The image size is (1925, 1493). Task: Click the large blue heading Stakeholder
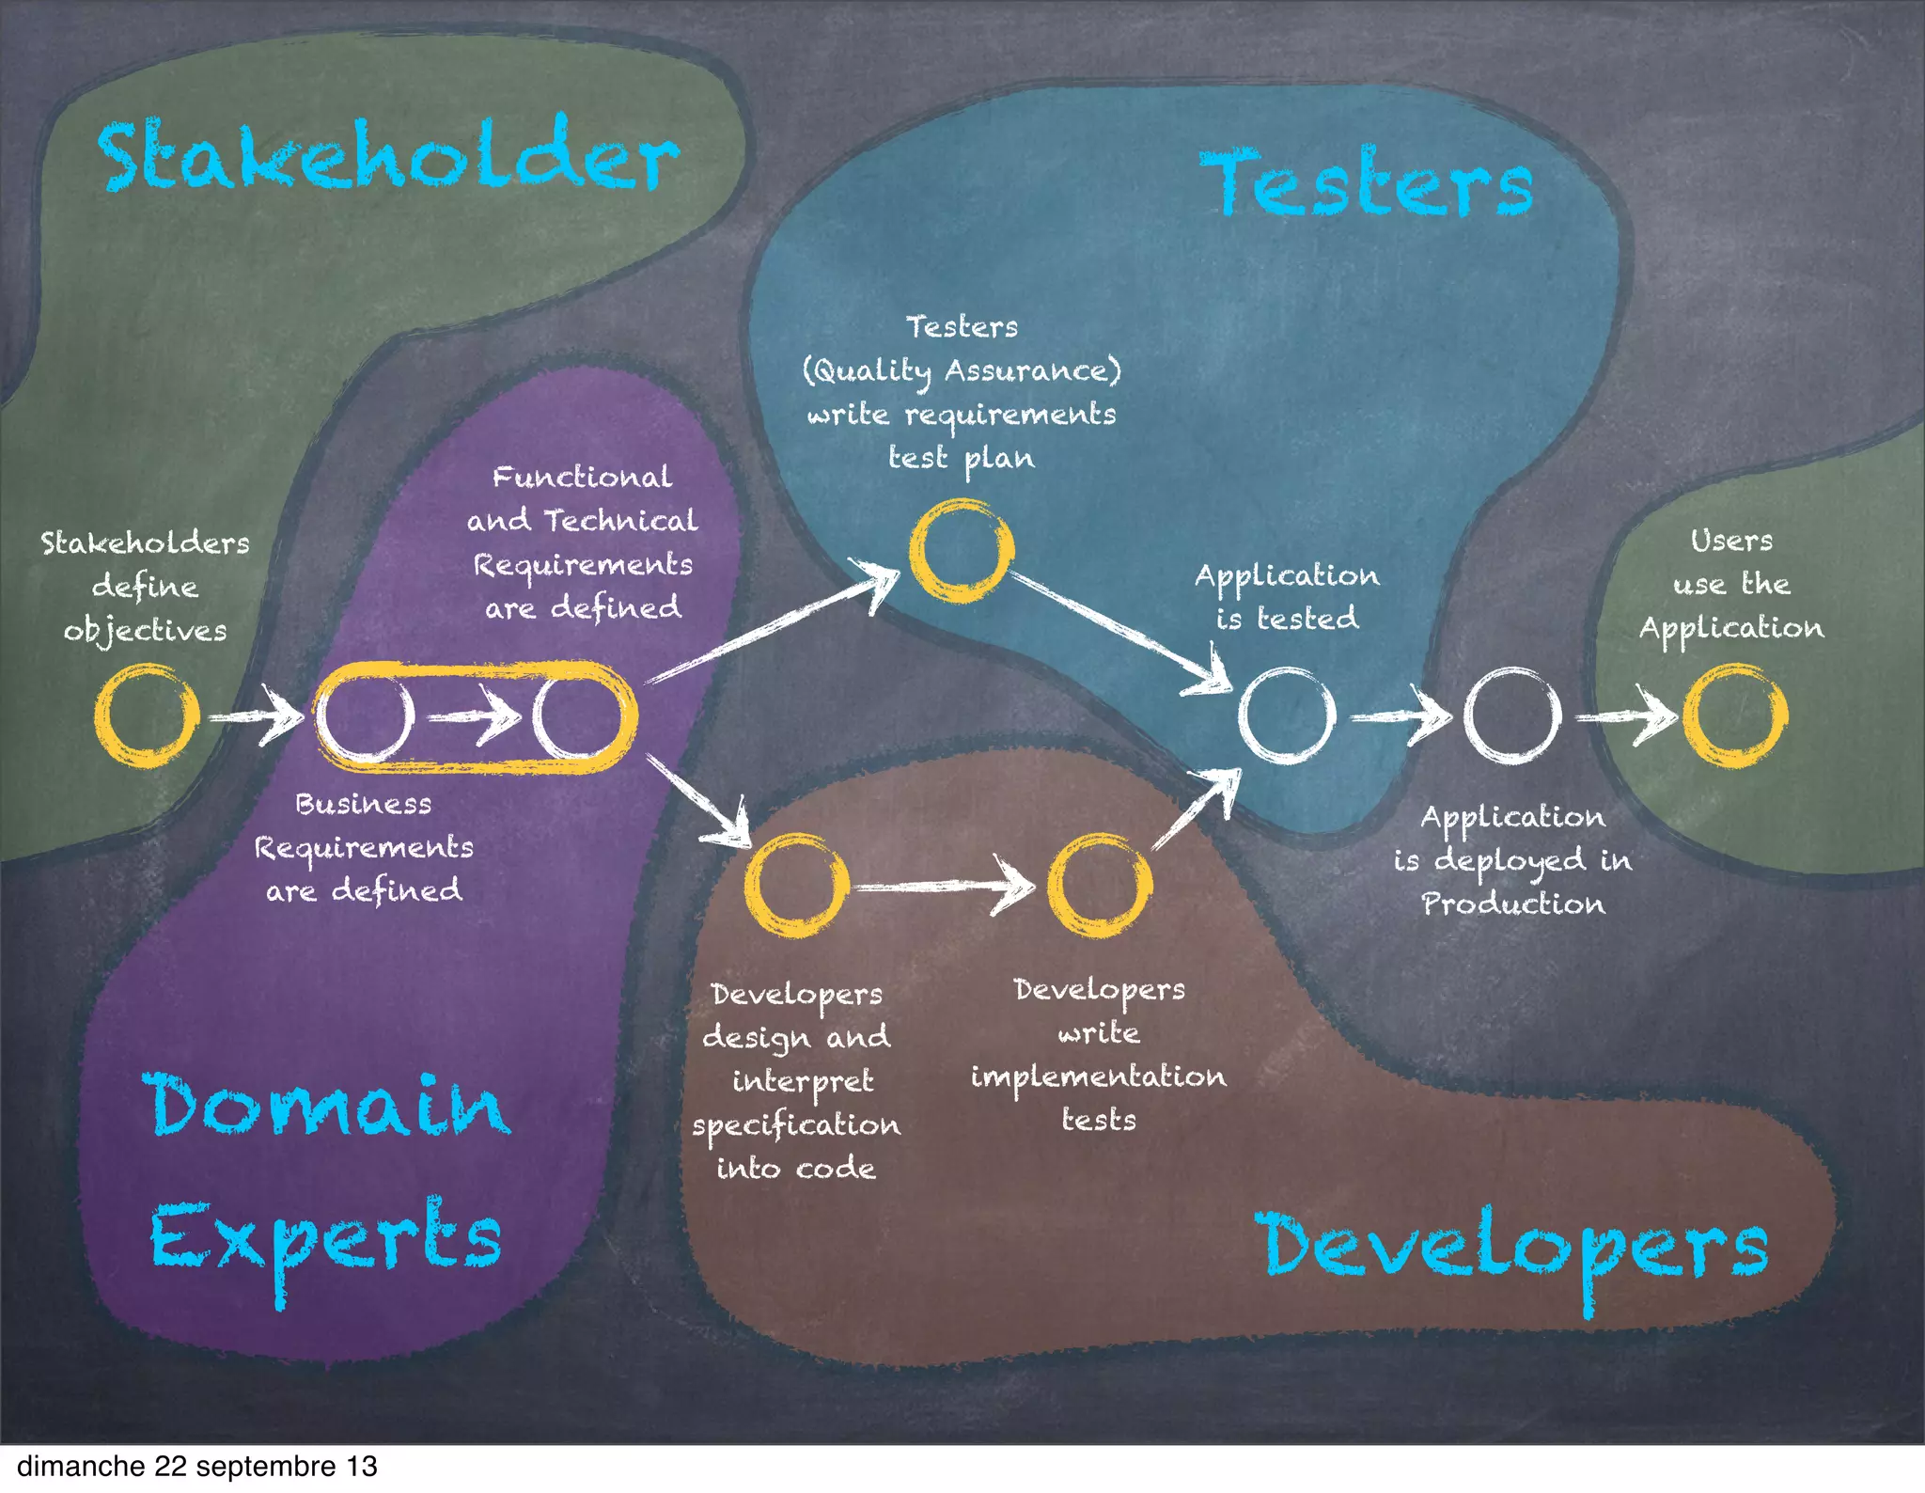click(x=387, y=155)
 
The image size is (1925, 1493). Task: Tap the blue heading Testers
click(x=1366, y=183)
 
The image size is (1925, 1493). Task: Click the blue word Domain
click(x=326, y=1106)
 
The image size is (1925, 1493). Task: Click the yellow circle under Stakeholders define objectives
click(x=147, y=715)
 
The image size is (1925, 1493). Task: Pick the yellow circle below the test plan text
click(x=961, y=550)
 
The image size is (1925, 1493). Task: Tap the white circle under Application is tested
click(x=1287, y=715)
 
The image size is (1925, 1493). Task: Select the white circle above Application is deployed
click(x=1512, y=715)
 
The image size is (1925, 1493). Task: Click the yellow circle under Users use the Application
click(x=1734, y=715)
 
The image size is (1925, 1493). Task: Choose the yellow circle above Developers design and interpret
click(x=796, y=885)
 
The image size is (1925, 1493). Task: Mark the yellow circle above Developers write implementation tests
click(x=1099, y=885)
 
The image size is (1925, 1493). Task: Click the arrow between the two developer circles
click(x=945, y=886)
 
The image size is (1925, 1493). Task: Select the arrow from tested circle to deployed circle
click(x=1401, y=717)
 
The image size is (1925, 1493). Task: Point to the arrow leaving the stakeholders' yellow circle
click(x=254, y=716)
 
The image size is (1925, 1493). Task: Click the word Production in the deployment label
click(x=1512, y=904)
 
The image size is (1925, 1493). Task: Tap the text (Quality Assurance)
click(x=962, y=370)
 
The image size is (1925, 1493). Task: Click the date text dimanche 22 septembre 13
click(x=197, y=1467)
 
